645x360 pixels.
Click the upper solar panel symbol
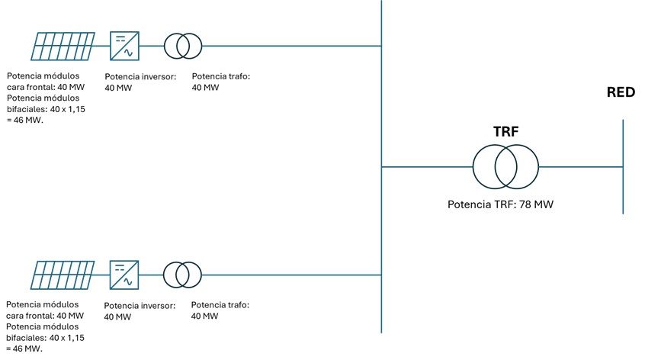tap(63, 46)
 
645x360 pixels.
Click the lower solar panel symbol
tap(63, 275)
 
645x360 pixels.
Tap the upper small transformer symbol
tap(183, 46)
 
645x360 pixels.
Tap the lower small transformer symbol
tap(183, 275)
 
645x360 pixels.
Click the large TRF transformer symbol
tap(505, 166)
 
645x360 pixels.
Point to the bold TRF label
tap(505, 131)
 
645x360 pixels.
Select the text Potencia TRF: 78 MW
tap(505, 204)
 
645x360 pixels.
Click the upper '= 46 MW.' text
tap(26, 120)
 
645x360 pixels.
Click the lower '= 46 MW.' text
tap(26, 349)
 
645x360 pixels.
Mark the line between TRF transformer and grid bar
tap(579, 166)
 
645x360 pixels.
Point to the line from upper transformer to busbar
tap(290, 46)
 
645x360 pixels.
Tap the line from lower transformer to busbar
tap(290, 275)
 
